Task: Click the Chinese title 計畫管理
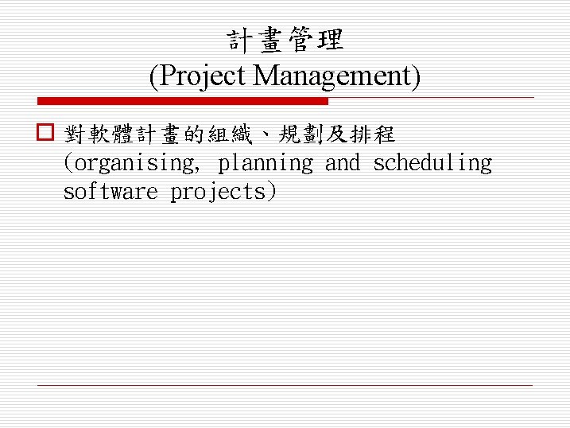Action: click(x=285, y=40)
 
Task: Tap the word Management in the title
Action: click(x=333, y=76)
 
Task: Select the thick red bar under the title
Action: click(x=183, y=102)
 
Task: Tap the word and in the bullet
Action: click(x=343, y=164)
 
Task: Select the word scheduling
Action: click(x=432, y=164)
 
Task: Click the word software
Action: click(x=111, y=193)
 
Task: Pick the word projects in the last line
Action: click(x=219, y=193)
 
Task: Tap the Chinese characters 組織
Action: click(x=230, y=134)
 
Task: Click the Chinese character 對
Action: click(x=75, y=134)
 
